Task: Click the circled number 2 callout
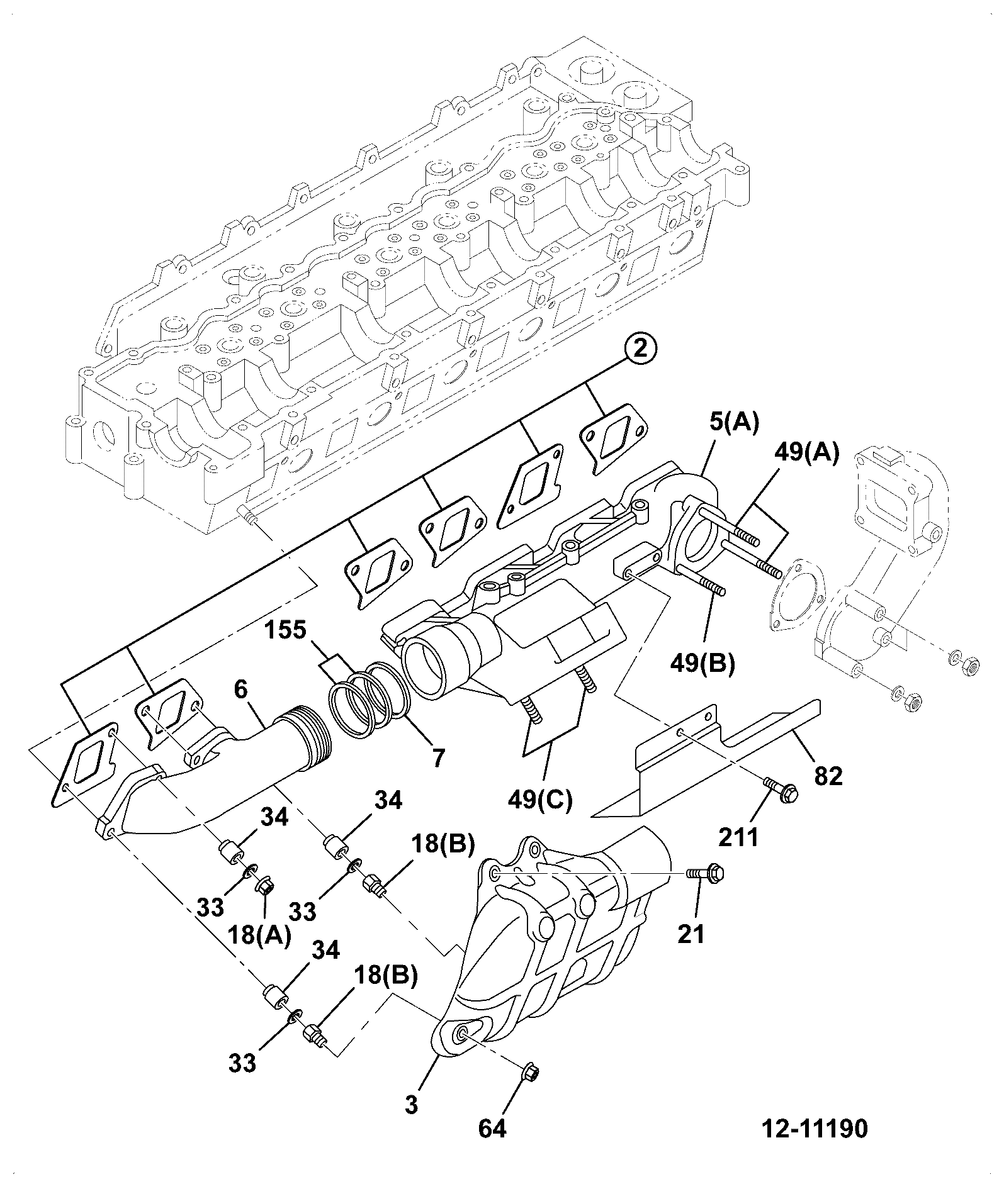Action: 640,349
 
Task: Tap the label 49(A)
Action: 806,452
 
